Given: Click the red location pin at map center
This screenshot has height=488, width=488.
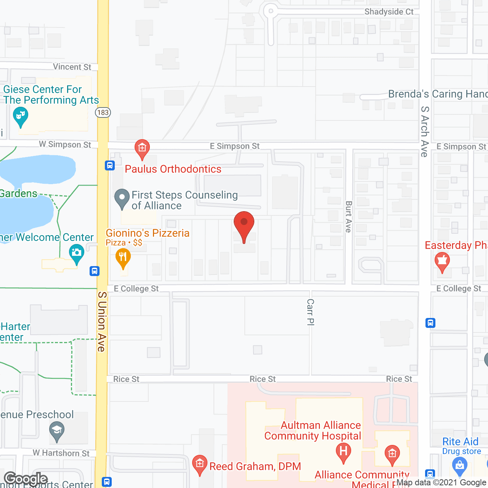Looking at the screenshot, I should [244, 225].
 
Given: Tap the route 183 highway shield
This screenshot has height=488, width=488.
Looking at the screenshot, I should [103, 112].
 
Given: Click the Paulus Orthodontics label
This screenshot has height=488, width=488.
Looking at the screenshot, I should [173, 169].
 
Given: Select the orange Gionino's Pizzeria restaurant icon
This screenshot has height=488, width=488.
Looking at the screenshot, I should [123, 258].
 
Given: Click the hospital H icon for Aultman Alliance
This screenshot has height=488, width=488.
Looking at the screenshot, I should [343, 452].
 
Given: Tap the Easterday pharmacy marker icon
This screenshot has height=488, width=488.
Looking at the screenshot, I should [442, 261].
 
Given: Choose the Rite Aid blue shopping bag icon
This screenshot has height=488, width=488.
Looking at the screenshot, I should [459, 465].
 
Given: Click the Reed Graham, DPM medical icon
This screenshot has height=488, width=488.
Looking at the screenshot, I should [199, 464].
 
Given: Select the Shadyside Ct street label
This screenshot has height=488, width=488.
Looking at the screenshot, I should [389, 12].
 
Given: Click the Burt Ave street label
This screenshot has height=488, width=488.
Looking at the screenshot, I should [348, 217].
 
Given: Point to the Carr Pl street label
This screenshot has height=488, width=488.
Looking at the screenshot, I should [311, 312].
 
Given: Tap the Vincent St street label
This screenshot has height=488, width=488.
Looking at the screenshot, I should [72, 67].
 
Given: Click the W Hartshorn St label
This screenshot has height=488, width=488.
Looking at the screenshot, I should [61, 453].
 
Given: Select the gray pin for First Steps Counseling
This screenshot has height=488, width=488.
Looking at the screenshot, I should [122, 198].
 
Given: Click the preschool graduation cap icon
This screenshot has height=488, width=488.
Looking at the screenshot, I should [57, 431].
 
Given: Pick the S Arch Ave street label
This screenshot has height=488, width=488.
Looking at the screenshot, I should [424, 132].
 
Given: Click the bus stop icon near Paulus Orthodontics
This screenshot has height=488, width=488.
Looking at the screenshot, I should [110, 165].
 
